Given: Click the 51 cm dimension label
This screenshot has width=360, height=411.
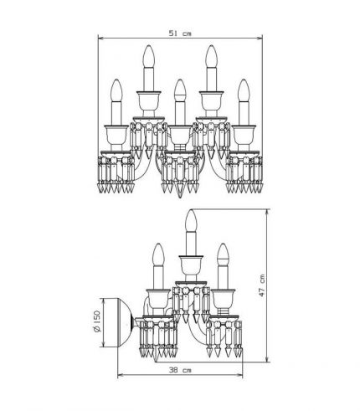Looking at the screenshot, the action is coord(180,33).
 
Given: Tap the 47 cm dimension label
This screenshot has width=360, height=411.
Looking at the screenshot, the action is coord(262,285).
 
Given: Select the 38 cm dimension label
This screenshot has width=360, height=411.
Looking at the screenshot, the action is coord(180,370).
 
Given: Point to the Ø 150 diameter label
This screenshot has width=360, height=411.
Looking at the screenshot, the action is coord(96,321).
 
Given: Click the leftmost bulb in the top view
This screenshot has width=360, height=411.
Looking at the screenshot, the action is coord(116,90).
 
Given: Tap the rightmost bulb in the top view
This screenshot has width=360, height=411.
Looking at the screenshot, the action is coord(244,90).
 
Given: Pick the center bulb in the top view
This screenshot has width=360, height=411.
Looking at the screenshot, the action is coord(180,90).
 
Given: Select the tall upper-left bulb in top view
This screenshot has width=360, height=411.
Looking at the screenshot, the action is coord(149,56).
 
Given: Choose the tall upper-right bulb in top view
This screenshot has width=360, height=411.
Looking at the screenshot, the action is coord(212,56).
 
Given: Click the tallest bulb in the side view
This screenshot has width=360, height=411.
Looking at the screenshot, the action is coord(192,220).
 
